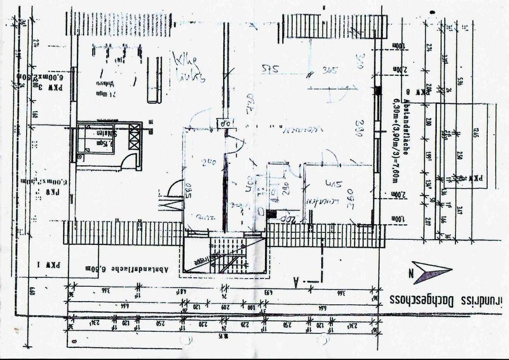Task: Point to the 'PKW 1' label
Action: coord(52,264)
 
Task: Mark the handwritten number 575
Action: coord(271,68)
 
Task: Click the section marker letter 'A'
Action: coord(294,283)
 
